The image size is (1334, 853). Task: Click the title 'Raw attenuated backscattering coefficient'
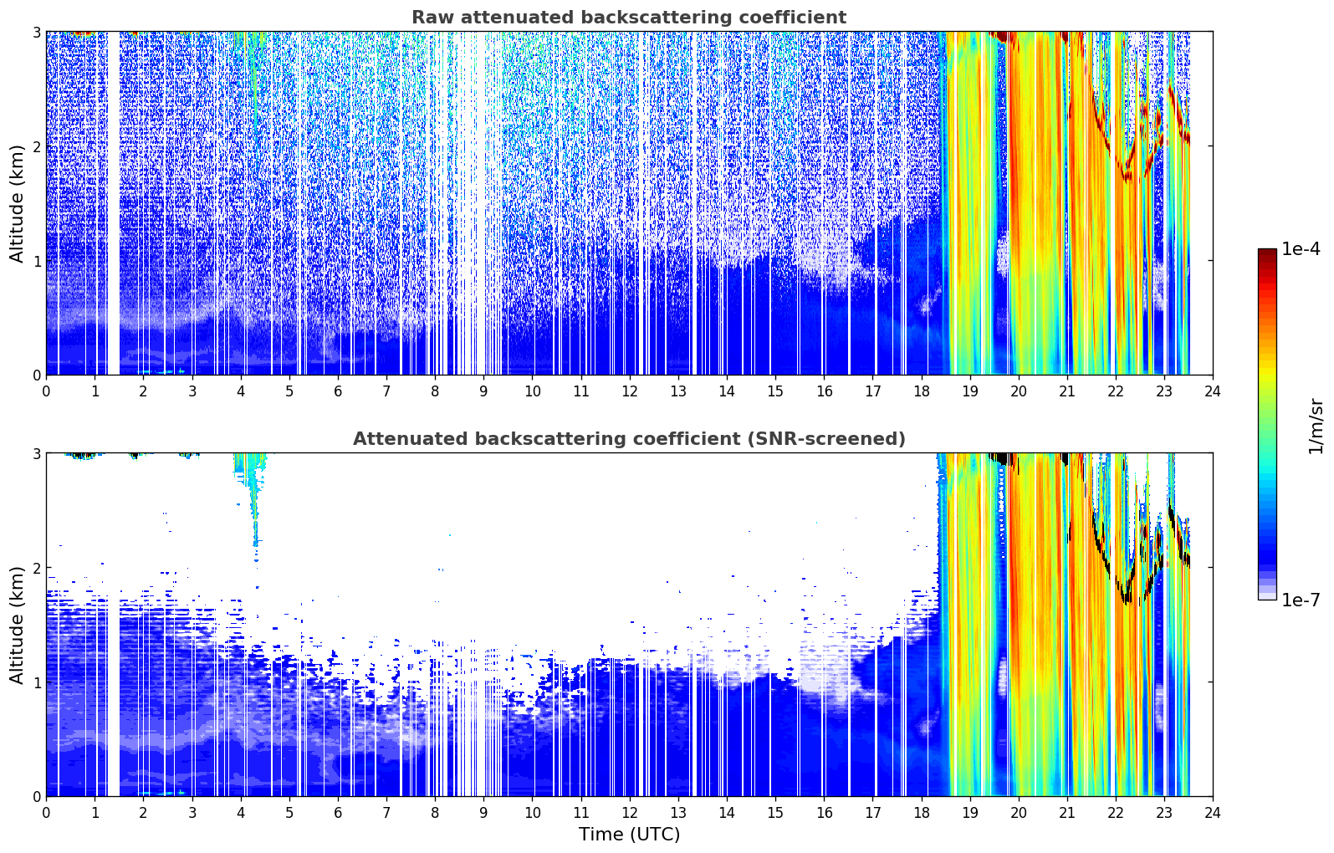click(629, 18)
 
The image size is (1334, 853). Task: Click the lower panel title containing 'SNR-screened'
click(629, 438)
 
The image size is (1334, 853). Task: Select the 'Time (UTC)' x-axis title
click(629, 835)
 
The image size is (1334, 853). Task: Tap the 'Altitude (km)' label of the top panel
click(17, 204)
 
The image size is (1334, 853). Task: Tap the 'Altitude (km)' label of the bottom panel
click(17, 625)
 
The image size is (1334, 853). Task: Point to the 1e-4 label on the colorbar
click(1301, 249)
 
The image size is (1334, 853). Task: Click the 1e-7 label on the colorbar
click(1301, 600)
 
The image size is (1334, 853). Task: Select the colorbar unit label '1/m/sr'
click(1316, 426)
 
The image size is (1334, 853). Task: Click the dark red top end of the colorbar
click(1267, 252)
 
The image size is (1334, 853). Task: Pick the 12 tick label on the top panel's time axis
click(630, 391)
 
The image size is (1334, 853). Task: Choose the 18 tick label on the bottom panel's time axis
click(922, 813)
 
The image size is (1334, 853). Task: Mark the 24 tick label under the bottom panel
click(1213, 813)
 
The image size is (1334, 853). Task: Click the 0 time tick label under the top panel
click(47, 391)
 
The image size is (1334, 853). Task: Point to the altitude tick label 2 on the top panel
click(36, 146)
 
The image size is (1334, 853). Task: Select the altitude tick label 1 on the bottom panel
click(36, 682)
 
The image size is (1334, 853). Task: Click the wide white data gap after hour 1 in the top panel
click(113, 203)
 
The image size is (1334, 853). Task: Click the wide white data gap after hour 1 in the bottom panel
click(113, 624)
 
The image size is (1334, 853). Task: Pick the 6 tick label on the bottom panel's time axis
click(338, 813)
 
